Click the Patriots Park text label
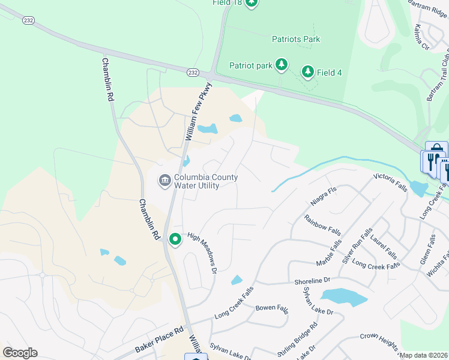296,40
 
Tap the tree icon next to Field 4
308,73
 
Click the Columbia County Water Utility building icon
164,181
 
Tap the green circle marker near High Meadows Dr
175,239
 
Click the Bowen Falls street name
272,308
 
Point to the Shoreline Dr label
312,280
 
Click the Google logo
20,352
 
